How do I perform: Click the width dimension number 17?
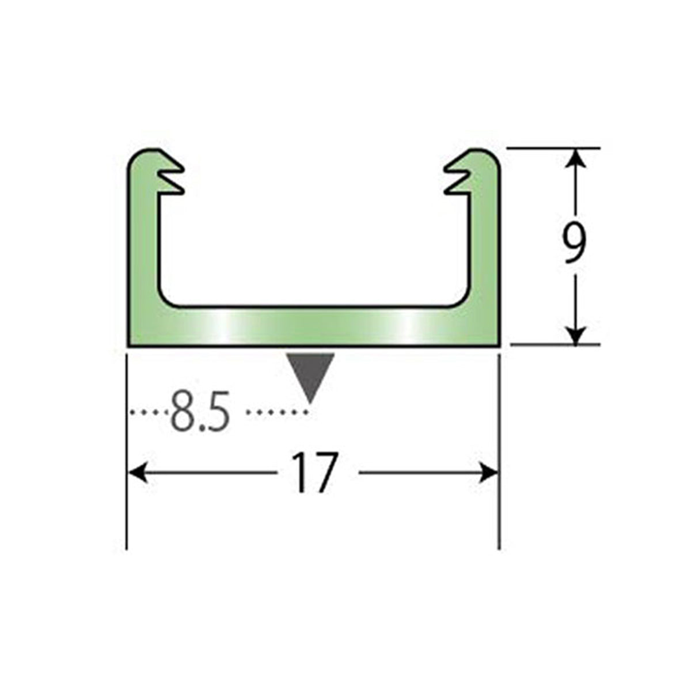(315, 472)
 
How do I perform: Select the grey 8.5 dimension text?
(200, 411)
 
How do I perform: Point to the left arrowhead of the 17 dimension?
(138, 473)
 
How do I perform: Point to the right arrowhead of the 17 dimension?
(489, 473)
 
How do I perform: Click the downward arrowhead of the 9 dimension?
(575, 335)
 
